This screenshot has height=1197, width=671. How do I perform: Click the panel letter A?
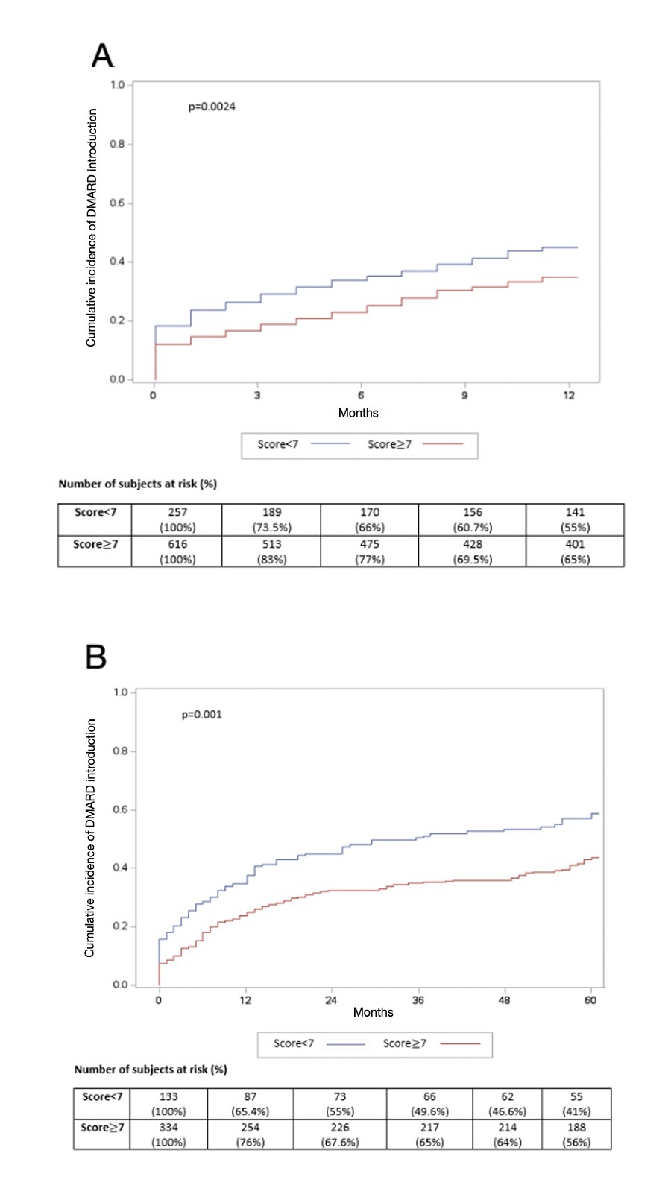pyautogui.click(x=102, y=56)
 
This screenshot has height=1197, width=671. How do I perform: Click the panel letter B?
pyautogui.click(x=96, y=657)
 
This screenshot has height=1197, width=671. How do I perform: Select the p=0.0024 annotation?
pyautogui.click(x=212, y=107)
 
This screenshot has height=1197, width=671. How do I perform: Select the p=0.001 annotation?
pyautogui.click(x=202, y=714)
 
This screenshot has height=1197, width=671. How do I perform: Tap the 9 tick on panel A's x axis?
pyautogui.click(x=464, y=395)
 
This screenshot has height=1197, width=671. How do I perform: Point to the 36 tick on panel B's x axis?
pyautogui.click(x=418, y=1000)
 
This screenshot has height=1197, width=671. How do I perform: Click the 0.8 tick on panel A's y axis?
pyautogui.click(x=118, y=144)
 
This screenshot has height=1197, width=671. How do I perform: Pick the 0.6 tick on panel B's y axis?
pyautogui.click(x=121, y=809)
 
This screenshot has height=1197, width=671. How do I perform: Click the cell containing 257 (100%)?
pyautogui.click(x=177, y=519)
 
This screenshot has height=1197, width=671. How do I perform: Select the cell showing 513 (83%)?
pyautogui.click(x=272, y=552)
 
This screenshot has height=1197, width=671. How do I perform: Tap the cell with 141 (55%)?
pyautogui.click(x=575, y=519)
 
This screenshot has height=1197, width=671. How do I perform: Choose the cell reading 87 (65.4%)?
pyautogui.click(x=251, y=1104)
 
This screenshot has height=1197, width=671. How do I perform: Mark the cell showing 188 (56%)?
pyautogui.click(x=576, y=1134)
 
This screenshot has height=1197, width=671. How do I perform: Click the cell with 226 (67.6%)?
pyautogui.click(x=340, y=1134)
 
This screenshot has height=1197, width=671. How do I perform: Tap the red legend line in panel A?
pyautogui.click(x=443, y=444)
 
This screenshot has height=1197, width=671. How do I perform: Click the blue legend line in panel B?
pyautogui.click(x=346, y=1044)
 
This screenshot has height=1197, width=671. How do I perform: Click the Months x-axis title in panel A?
pyautogui.click(x=359, y=413)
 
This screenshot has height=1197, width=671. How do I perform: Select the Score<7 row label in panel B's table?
pyautogui.click(x=102, y=1096)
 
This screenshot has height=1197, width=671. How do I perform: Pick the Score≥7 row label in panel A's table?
pyautogui.click(x=95, y=544)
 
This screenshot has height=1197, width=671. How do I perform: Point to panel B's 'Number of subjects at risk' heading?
pyautogui.click(x=151, y=1069)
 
